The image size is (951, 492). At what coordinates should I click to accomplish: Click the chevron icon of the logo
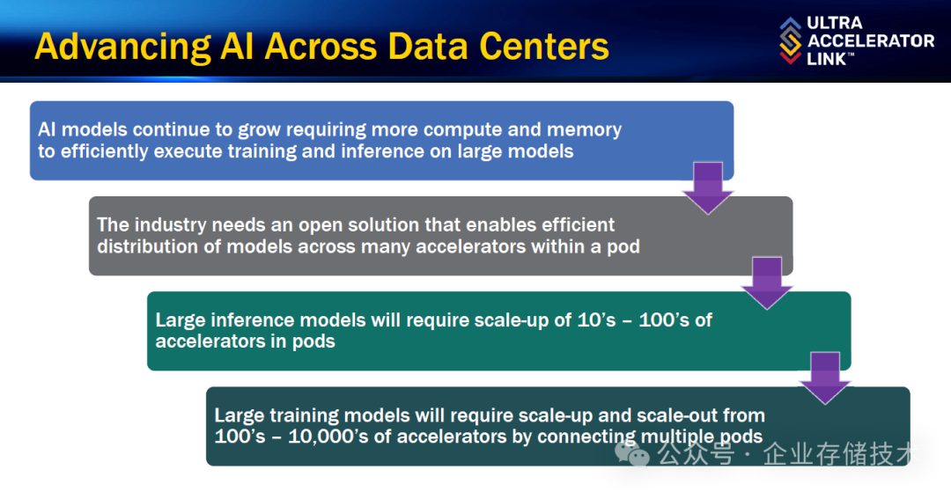790,40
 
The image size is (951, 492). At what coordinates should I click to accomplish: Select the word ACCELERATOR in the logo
871,40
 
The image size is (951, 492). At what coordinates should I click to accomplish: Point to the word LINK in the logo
827,59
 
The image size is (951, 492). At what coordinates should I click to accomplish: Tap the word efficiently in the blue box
104,151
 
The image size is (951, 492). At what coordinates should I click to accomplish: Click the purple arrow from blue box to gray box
708,187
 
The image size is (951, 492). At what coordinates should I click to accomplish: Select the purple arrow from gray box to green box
767,283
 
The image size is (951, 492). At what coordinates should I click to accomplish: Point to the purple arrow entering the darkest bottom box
825,378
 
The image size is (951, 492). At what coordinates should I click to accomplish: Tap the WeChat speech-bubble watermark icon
632,453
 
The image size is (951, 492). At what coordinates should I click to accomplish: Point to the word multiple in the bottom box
676,437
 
